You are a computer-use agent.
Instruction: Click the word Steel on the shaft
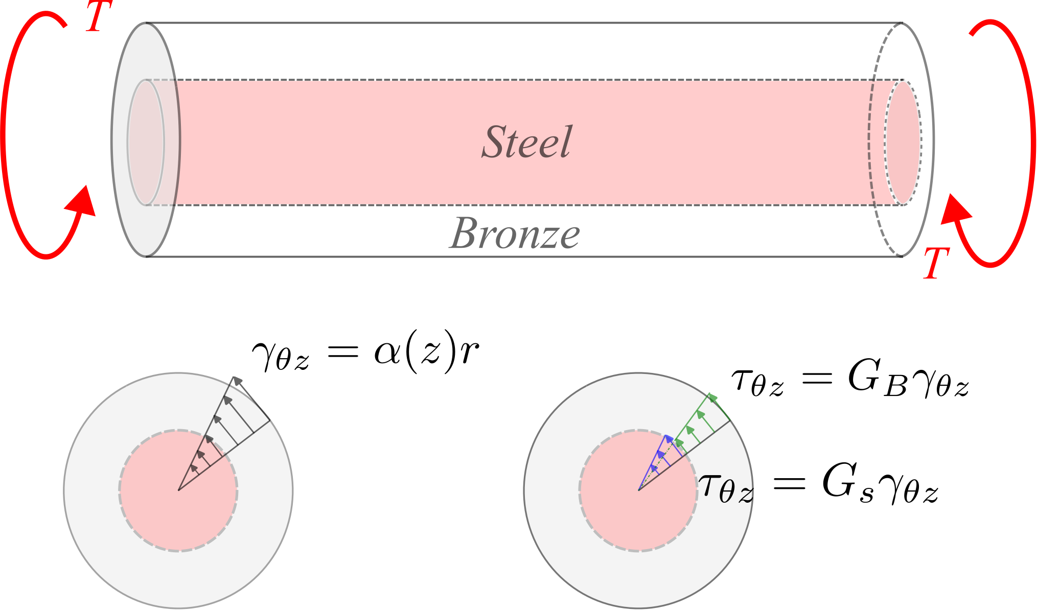tap(526, 142)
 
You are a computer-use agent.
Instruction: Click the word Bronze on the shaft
tap(515, 234)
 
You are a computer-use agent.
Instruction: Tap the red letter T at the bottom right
tap(936, 263)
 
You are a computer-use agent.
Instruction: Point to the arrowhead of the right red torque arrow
tap(954, 209)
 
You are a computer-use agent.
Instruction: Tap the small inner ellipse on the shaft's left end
tap(146, 142)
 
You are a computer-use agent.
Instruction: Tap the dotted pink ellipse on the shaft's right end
tap(904, 143)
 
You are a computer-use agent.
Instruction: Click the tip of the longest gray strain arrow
tap(234, 378)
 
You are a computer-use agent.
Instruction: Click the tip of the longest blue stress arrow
tap(666, 436)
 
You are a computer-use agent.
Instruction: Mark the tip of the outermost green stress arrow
tap(710, 394)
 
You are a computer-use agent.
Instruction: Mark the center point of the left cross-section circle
tap(178, 490)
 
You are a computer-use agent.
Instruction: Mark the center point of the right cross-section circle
tap(638, 490)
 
